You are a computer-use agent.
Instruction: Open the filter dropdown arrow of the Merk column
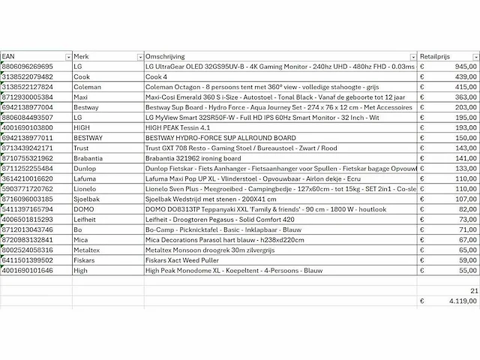139,57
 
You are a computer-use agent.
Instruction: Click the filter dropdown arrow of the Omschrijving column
412,57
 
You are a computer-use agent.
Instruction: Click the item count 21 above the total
472,289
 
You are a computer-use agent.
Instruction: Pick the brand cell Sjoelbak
88,199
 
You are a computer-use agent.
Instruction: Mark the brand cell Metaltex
88,249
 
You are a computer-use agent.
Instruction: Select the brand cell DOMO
84,208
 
